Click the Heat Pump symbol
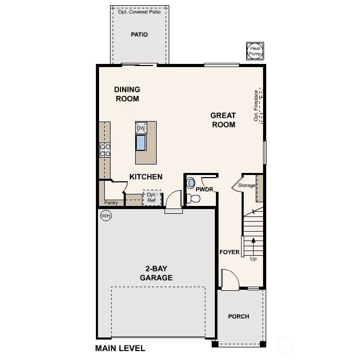[x=255, y=51]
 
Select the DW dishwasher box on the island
[x=140, y=128]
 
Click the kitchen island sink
[x=141, y=143]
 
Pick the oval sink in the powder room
[x=191, y=183]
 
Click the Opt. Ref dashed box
[x=151, y=198]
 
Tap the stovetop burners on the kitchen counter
[x=105, y=150]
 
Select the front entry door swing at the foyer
[x=230, y=279]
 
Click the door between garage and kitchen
[x=173, y=201]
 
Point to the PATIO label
[x=139, y=35]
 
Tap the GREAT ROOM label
[x=223, y=120]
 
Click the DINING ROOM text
[x=127, y=94]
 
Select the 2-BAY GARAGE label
[x=156, y=274]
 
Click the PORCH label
[x=238, y=317]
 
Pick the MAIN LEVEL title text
[x=120, y=348]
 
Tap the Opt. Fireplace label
[x=256, y=106]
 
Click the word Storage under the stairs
[x=246, y=186]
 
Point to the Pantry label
[x=111, y=203]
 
